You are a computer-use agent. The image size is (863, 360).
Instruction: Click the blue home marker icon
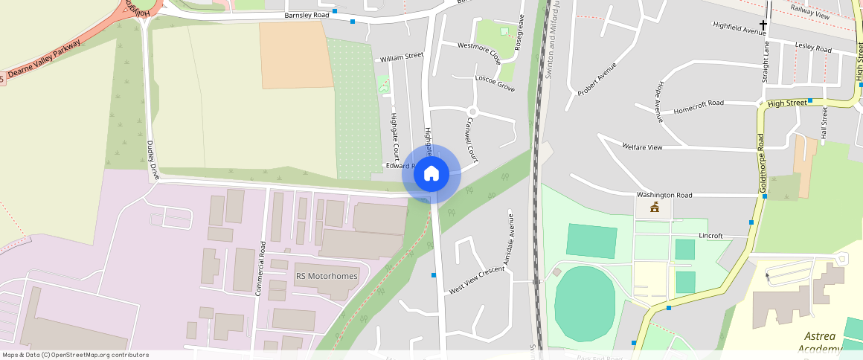click(431, 174)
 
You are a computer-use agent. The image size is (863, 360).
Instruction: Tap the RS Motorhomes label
click(327, 276)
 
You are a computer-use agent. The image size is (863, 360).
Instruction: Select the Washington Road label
click(664, 195)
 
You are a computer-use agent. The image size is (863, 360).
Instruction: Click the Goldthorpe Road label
click(761, 164)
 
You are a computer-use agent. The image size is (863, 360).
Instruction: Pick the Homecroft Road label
click(698, 103)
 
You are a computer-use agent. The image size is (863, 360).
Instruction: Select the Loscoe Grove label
click(495, 83)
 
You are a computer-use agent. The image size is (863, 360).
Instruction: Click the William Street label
click(401, 57)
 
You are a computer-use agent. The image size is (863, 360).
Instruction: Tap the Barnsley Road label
click(307, 15)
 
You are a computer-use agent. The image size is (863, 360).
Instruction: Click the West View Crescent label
click(477, 281)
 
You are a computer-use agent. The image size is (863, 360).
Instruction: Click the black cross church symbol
click(763, 25)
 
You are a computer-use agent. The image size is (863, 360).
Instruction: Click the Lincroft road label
click(710, 236)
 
